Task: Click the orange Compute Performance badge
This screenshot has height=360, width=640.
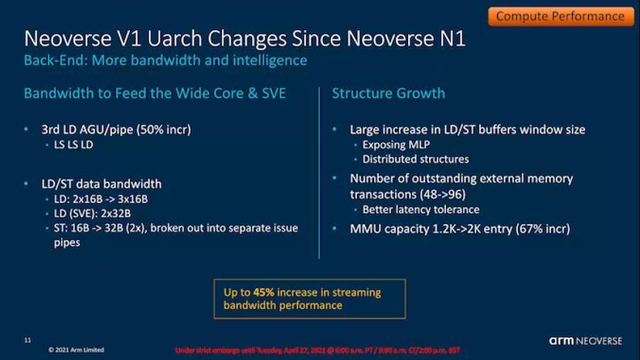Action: point(560,15)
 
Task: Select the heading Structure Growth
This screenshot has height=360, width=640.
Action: point(388,93)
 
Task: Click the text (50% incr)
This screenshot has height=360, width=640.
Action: point(163,130)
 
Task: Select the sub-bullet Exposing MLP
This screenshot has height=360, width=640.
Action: point(397,145)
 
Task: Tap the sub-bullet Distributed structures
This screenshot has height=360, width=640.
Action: point(415,159)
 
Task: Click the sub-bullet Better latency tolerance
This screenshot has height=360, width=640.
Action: point(420,209)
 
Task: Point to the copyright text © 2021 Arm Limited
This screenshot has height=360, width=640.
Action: point(76,350)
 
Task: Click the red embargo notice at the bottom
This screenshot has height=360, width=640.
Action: point(318,350)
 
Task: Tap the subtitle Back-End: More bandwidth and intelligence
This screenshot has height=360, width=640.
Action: point(165,60)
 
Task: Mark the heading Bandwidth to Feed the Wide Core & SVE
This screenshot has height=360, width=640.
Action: point(155,93)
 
